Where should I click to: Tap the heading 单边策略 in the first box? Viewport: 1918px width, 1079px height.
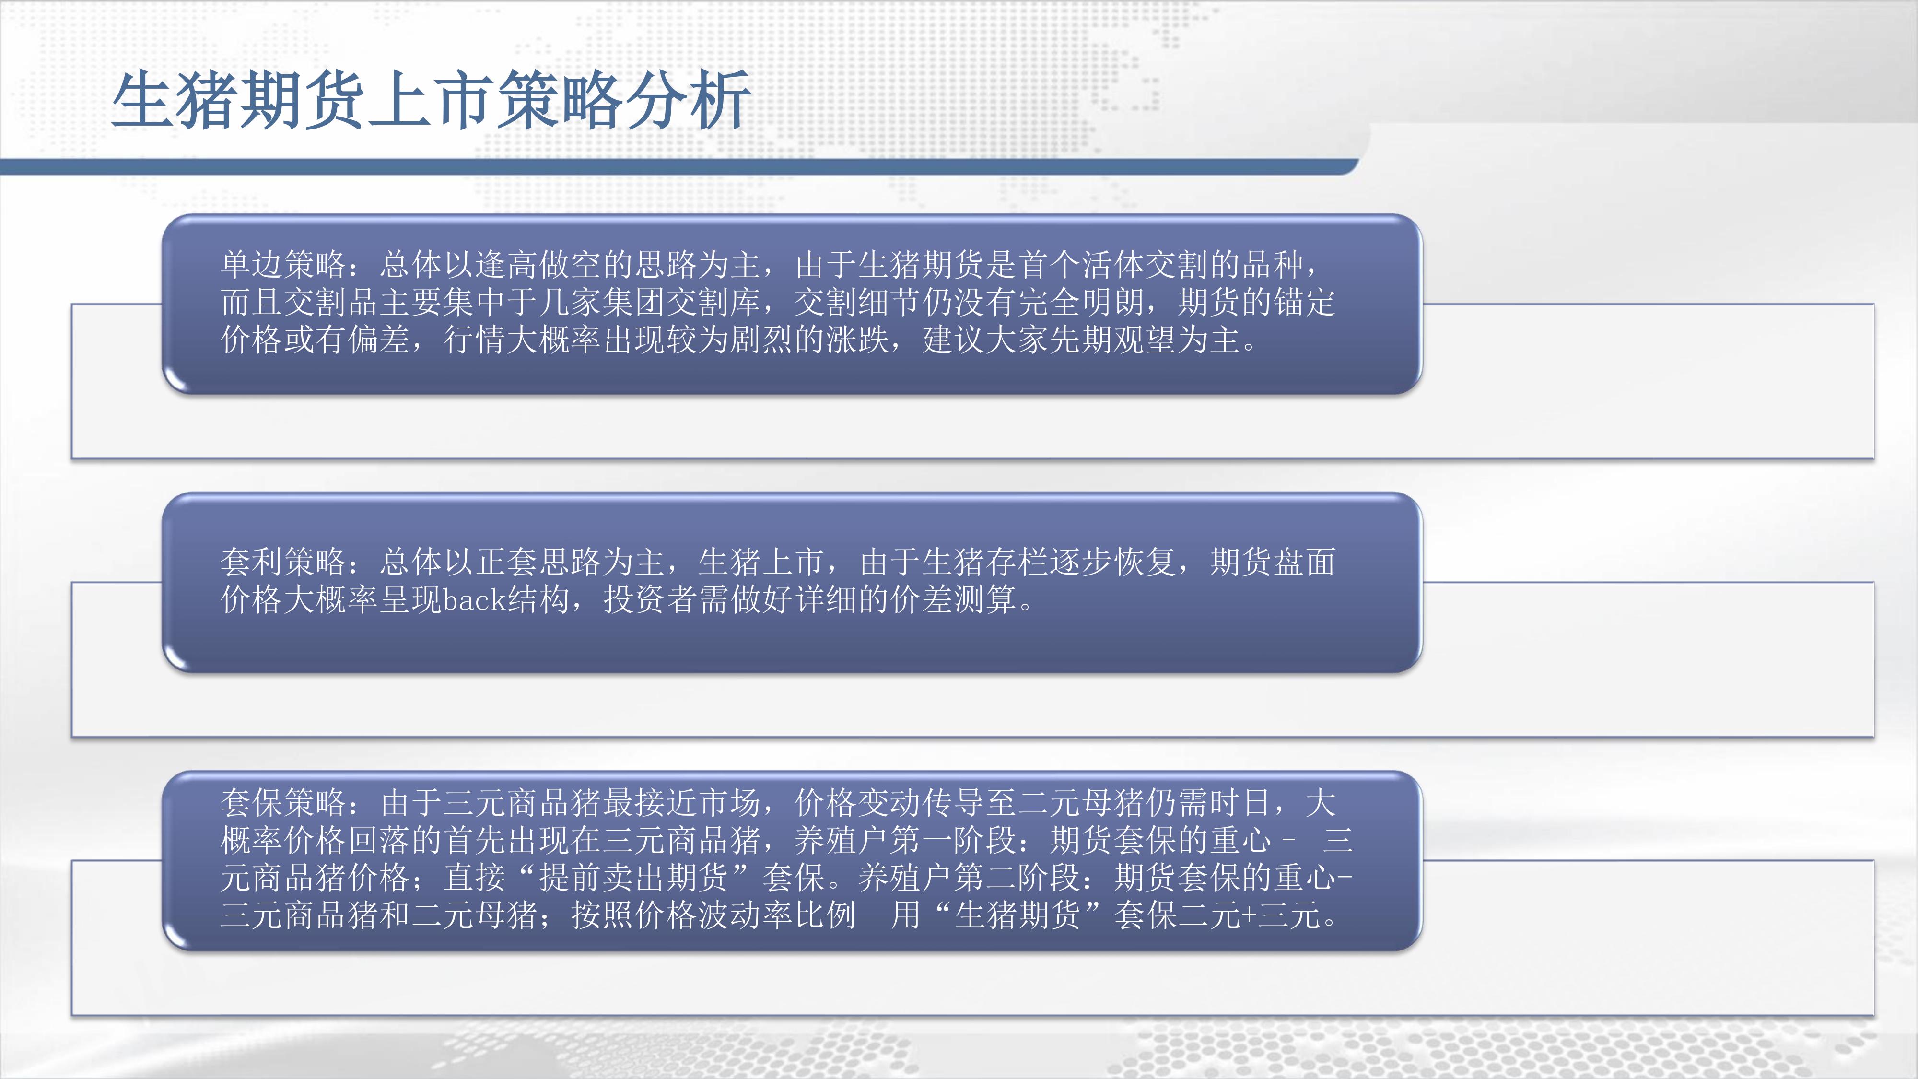284,264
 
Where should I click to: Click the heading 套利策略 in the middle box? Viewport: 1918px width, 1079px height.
284,562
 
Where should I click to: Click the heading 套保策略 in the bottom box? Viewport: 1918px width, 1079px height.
284,803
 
